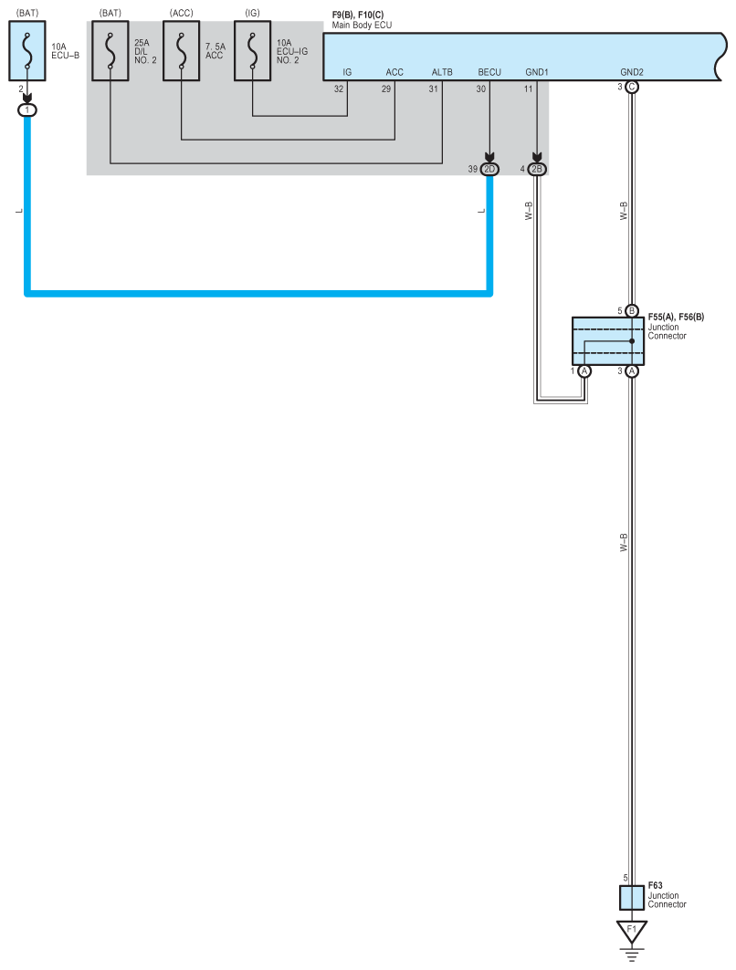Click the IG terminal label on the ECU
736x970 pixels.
(347, 72)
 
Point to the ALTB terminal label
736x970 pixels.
(442, 72)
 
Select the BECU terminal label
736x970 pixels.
(489, 72)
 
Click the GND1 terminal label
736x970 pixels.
(537, 72)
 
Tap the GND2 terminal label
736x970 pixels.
(631, 72)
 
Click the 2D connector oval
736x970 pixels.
(489, 170)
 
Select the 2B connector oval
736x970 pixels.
(537, 170)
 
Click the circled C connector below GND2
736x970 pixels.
(631, 88)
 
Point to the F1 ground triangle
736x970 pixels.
(631, 931)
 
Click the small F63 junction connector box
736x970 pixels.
(631, 897)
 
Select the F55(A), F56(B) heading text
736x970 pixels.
(676, 317)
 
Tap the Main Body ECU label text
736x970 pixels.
(362, 25)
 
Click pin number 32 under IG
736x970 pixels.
(339, 89)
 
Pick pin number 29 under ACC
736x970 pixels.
(386, 89)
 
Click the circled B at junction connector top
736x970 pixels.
(631, 310)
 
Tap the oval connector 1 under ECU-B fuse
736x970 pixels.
(27, 110)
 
